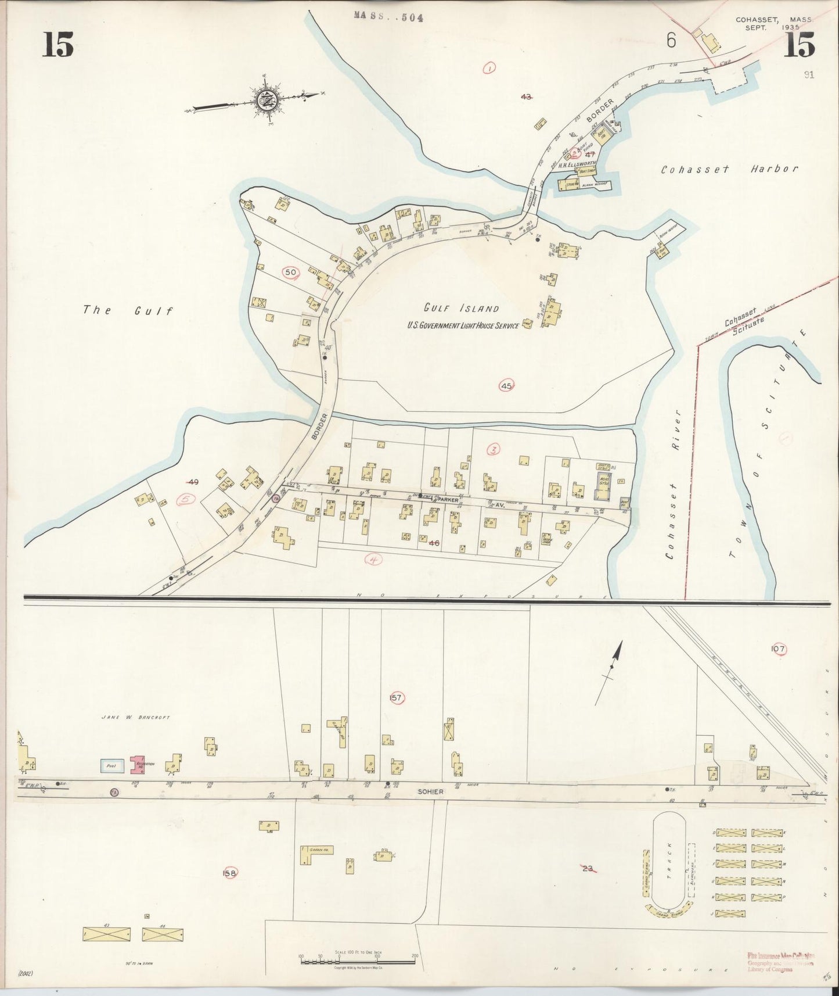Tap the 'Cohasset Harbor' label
coord(730,169)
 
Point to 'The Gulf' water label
coord(128,310)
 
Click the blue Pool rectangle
coord(112,765)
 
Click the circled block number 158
coord(230,873)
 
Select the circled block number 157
coord(396,698)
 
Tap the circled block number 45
coord(506,385)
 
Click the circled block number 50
coord(290,271)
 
